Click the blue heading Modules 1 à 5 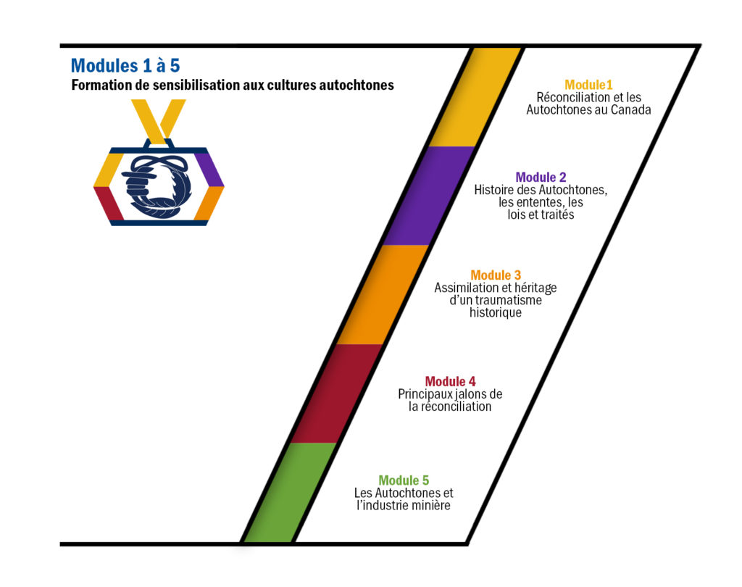125,66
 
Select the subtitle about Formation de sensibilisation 233,86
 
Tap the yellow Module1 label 588,85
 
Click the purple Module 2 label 541,178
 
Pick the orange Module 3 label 496,275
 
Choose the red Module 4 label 450,381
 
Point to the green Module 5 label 404,480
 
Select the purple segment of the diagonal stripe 428,196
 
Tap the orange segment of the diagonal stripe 383,294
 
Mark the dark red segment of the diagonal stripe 336,394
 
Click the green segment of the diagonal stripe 290,492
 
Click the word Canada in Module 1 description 631,110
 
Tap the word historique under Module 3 496,312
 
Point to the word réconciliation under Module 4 457,407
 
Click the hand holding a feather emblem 157,186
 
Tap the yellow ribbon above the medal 159,121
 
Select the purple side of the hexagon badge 208,170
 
